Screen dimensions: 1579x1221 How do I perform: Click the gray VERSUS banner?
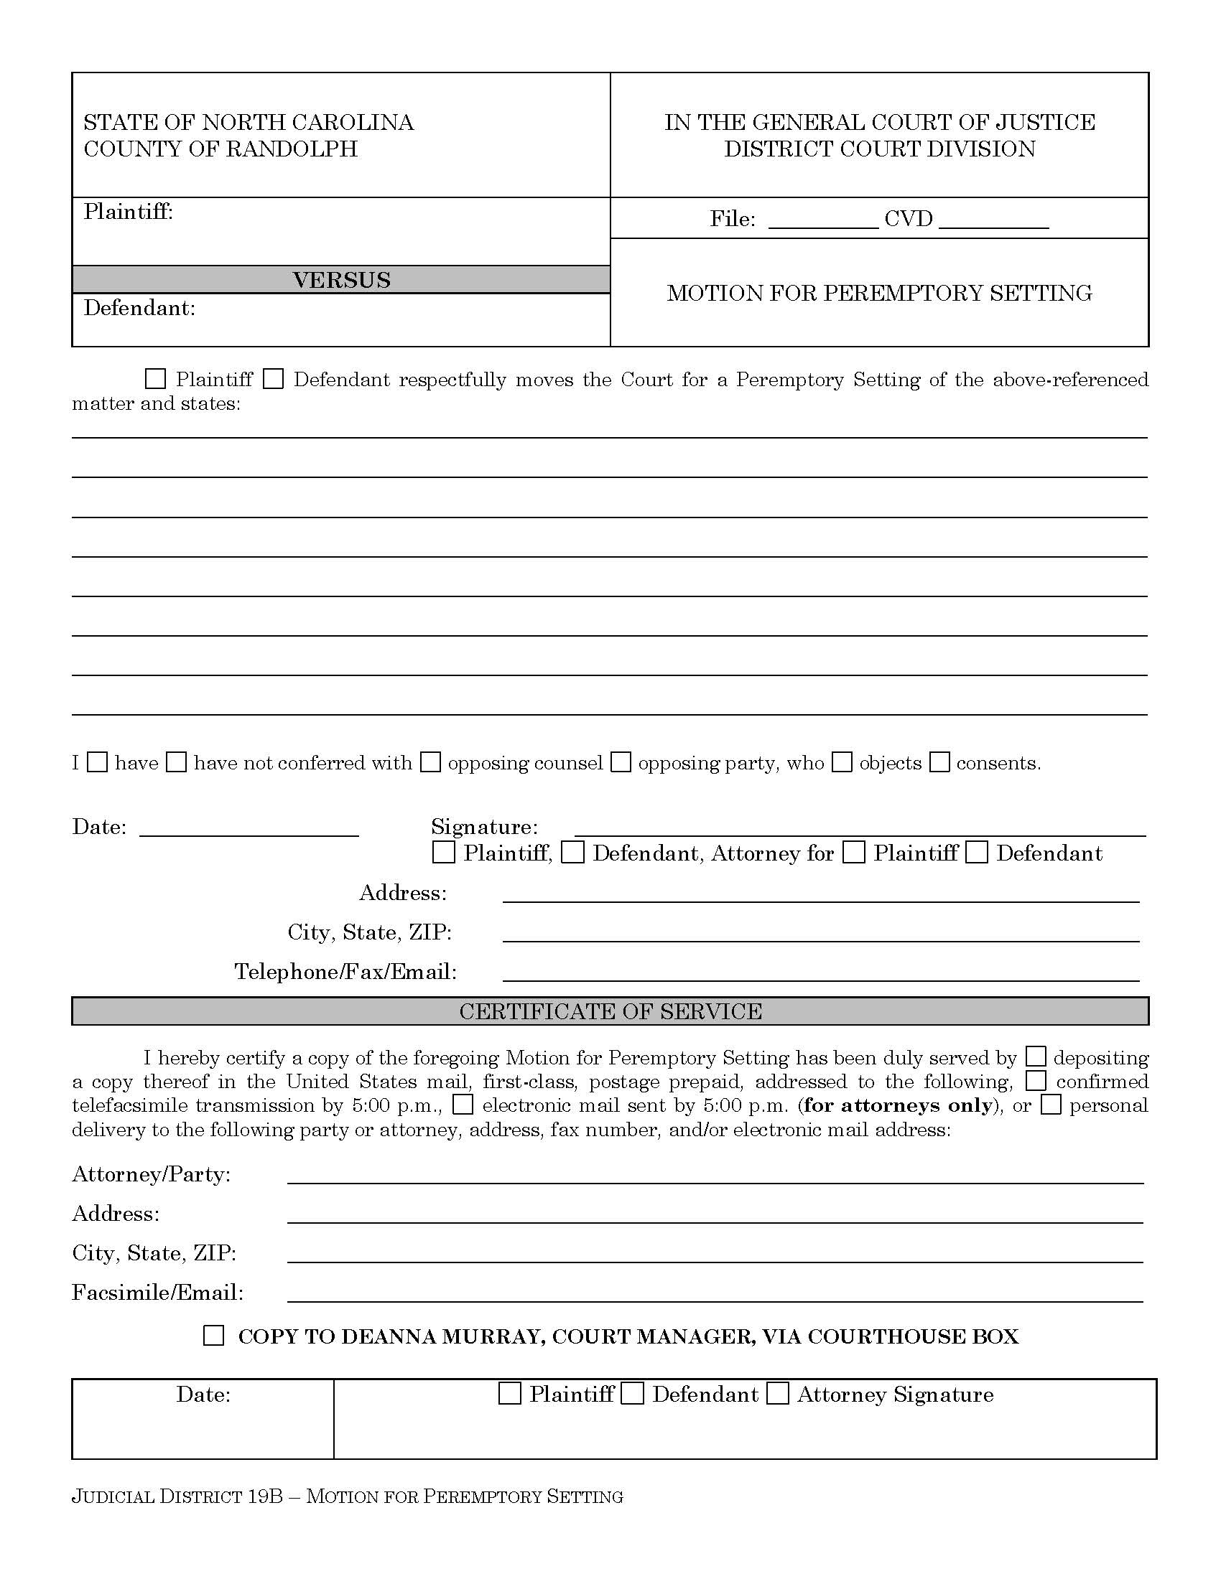[x=340, y=280]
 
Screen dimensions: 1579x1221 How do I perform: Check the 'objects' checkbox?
[x=841, y=762]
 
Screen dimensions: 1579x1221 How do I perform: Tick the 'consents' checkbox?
[x=939, y=762]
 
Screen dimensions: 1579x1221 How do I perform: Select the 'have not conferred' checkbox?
[x=177, y=762]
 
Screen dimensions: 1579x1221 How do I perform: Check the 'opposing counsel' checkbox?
[x=430, y=762]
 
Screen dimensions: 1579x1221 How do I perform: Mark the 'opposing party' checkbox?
[x=621, y=762]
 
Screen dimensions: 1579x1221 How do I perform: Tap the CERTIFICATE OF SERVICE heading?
[x=610, y=1011]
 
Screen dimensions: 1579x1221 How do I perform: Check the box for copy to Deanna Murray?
[x=213, y=1336]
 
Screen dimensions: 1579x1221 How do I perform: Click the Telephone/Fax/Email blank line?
[x=820, y=973]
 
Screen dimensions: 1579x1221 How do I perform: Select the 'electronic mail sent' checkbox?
[x=463, y=1105]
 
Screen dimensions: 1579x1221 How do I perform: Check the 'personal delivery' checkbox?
[x=1050, y=1105]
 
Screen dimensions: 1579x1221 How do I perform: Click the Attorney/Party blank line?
[x=715, y=1176]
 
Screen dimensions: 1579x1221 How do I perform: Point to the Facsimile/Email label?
[x=158, y=1292]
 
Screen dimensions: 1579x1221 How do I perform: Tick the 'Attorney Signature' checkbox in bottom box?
[x=778, y=1393]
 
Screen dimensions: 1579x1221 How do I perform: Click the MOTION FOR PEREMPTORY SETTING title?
[x=879, y=293]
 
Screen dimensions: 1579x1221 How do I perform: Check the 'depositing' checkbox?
[x=1036, y=1057]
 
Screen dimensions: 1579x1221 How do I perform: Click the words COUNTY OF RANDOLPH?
[x=220, y=149]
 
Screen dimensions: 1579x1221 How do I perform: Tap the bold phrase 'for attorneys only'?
[x=898, y=1105]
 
